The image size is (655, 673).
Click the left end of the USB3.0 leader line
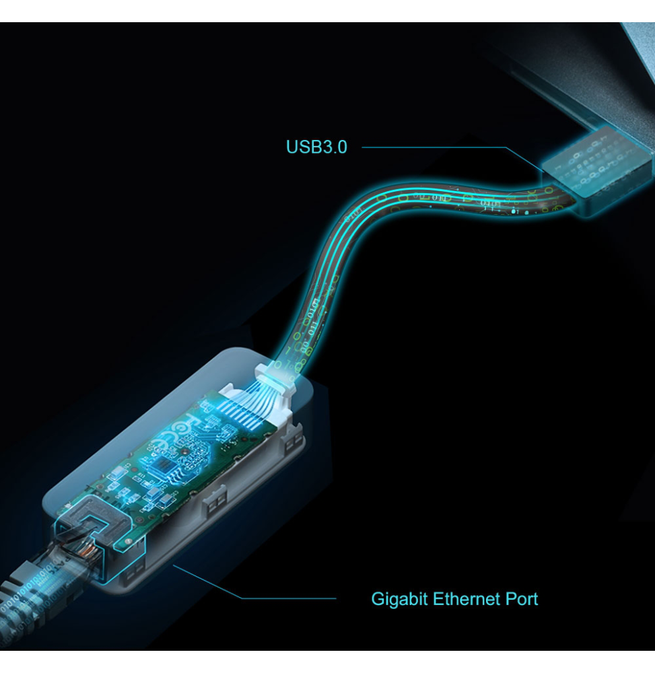tap(362, 147)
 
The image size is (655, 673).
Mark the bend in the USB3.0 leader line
tap(506, 147)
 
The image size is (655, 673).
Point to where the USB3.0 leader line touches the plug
tap(543, 172)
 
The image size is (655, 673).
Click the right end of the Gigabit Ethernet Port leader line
tap(336, 598)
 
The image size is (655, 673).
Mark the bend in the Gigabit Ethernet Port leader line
tap(241, 598)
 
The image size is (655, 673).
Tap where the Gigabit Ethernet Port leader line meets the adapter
tap(174, 566)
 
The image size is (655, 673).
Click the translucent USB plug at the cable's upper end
tap(597, 171)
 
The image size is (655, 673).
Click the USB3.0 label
tap(317, 147)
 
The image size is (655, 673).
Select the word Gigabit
tap(399, 599)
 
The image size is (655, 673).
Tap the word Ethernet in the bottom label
tap(466, 599)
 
